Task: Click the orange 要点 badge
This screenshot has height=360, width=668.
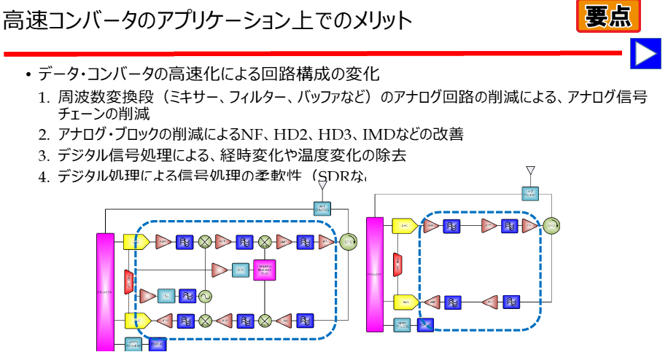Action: pos(608,16)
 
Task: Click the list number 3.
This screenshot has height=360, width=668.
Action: pos(43,155)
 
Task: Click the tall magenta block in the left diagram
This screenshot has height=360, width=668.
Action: pos(105,291)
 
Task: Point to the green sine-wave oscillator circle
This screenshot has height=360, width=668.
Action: pos(206,296)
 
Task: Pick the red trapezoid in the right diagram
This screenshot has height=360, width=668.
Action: pos(397,264)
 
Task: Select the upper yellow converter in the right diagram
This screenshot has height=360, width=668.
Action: pos(403,226)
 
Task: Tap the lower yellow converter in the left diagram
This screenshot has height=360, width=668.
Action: pos(136,319)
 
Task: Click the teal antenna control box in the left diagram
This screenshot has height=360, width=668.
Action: pos(322,208)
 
